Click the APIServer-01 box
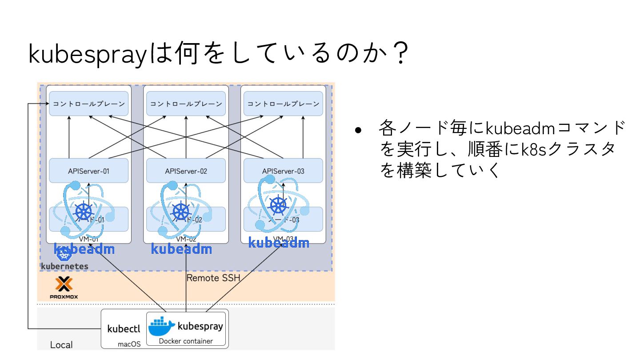(88, 171)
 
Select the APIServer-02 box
(186, 171)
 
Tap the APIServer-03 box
(283, 171)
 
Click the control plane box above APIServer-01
(88, 104)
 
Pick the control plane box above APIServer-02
(186, 104)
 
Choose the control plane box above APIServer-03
(283, 104)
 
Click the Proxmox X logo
(64, 284)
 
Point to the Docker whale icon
(161, 327)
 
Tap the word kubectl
(124, 329)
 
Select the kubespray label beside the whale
(200, 326)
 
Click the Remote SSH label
(213, 278)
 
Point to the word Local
(61, 345)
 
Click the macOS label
(129, 344)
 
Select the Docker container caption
(186, 341)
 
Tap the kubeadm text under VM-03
(278, 243)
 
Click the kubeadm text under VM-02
(181, 249)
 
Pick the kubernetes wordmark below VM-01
(64, 266)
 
